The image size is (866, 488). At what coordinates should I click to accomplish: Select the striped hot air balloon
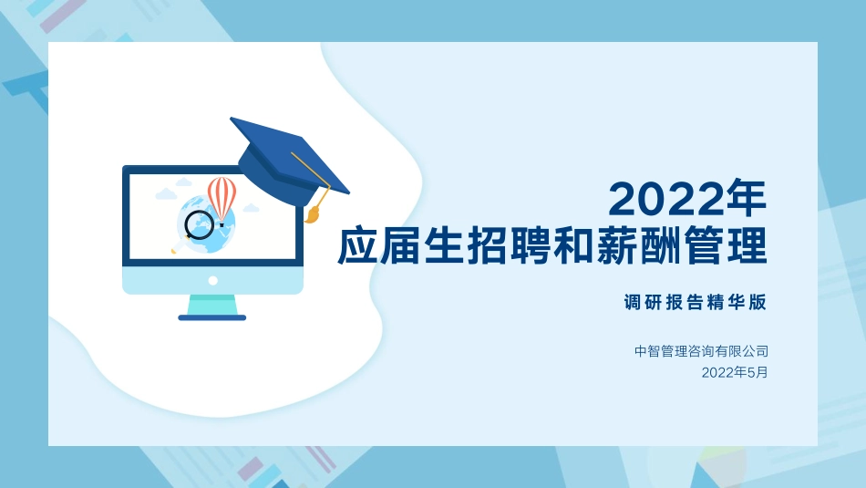(222, 196)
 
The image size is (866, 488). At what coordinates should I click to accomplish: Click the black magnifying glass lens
(199, 223)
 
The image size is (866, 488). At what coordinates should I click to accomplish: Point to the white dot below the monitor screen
(212, 280)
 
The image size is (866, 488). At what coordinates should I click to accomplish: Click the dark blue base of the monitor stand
(212, 317)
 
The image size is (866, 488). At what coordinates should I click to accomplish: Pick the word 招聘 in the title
(510, 246)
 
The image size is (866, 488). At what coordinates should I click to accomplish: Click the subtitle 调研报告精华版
(696, 303)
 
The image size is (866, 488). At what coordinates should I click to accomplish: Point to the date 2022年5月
(735, 372)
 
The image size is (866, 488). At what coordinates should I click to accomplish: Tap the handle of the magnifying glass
(178, 245)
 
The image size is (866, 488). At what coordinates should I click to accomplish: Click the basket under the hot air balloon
(222, 223)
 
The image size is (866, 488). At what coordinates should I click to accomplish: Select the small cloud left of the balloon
(166, 194)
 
